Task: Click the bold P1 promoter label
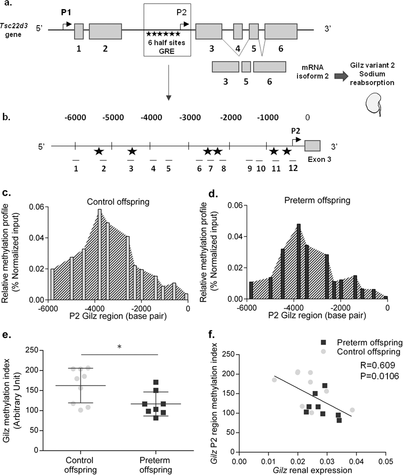point(66,13)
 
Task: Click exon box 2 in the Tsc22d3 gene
point(105,31)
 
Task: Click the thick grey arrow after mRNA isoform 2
point(341,76)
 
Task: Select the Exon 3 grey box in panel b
point(312,146)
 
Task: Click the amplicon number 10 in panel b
point(260,169)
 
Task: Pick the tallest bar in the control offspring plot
point(100,254)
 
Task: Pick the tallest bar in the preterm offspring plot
point(298,261)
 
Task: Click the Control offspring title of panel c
point(118,202)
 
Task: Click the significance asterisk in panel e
point(119,347)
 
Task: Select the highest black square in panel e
point(156,382)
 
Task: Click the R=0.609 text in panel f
point(377,365)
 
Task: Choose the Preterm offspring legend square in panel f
point(323,342)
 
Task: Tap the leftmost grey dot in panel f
point(274,380)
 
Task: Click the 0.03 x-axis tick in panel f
point(327,462)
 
